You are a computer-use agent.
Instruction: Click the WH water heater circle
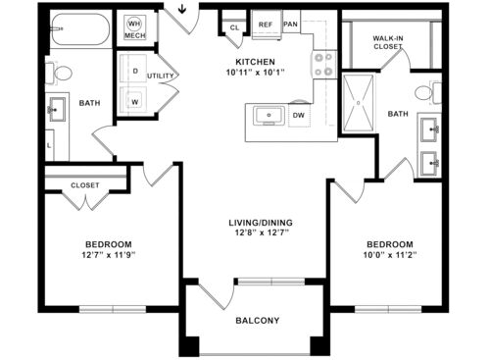coord(134,22)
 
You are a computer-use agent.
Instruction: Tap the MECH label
coord(134,35)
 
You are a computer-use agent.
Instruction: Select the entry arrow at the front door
coord(184,14)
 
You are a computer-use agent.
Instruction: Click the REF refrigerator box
coord(266,25)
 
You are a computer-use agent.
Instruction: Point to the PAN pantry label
coord(290,24)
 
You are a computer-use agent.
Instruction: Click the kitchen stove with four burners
coord(323,65)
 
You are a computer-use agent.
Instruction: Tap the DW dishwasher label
coord(298,116)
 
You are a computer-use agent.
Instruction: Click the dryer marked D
coord(133,73)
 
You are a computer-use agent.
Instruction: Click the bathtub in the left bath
coord(77,32)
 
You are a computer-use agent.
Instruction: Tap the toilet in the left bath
coord(62,72)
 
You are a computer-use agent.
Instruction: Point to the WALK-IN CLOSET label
coord(388,42)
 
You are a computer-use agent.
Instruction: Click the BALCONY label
coord(257,320)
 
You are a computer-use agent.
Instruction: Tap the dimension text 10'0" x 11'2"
coord(390,255)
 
